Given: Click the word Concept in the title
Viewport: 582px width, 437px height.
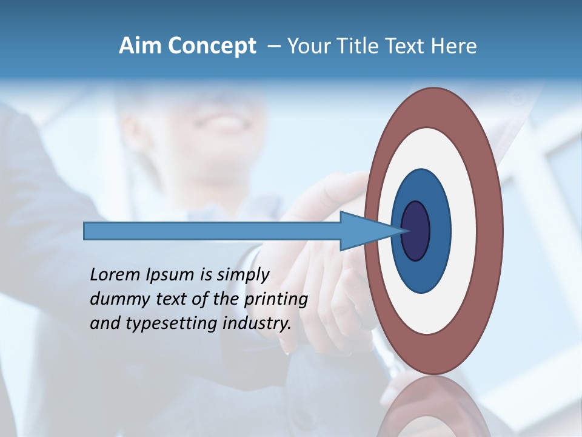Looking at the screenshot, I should coord(212,46).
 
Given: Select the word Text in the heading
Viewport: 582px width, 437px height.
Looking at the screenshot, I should coord(410,46).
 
